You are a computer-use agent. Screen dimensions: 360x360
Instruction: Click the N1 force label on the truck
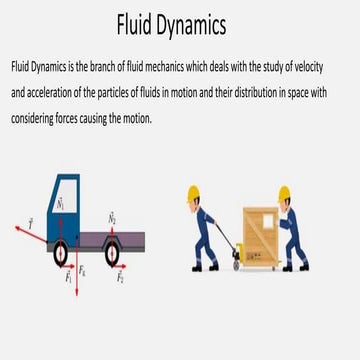coord(60,202)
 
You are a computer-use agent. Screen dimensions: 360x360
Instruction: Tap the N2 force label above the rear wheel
coord(112,216)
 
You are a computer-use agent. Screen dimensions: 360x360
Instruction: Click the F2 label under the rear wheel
coord(120,277)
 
